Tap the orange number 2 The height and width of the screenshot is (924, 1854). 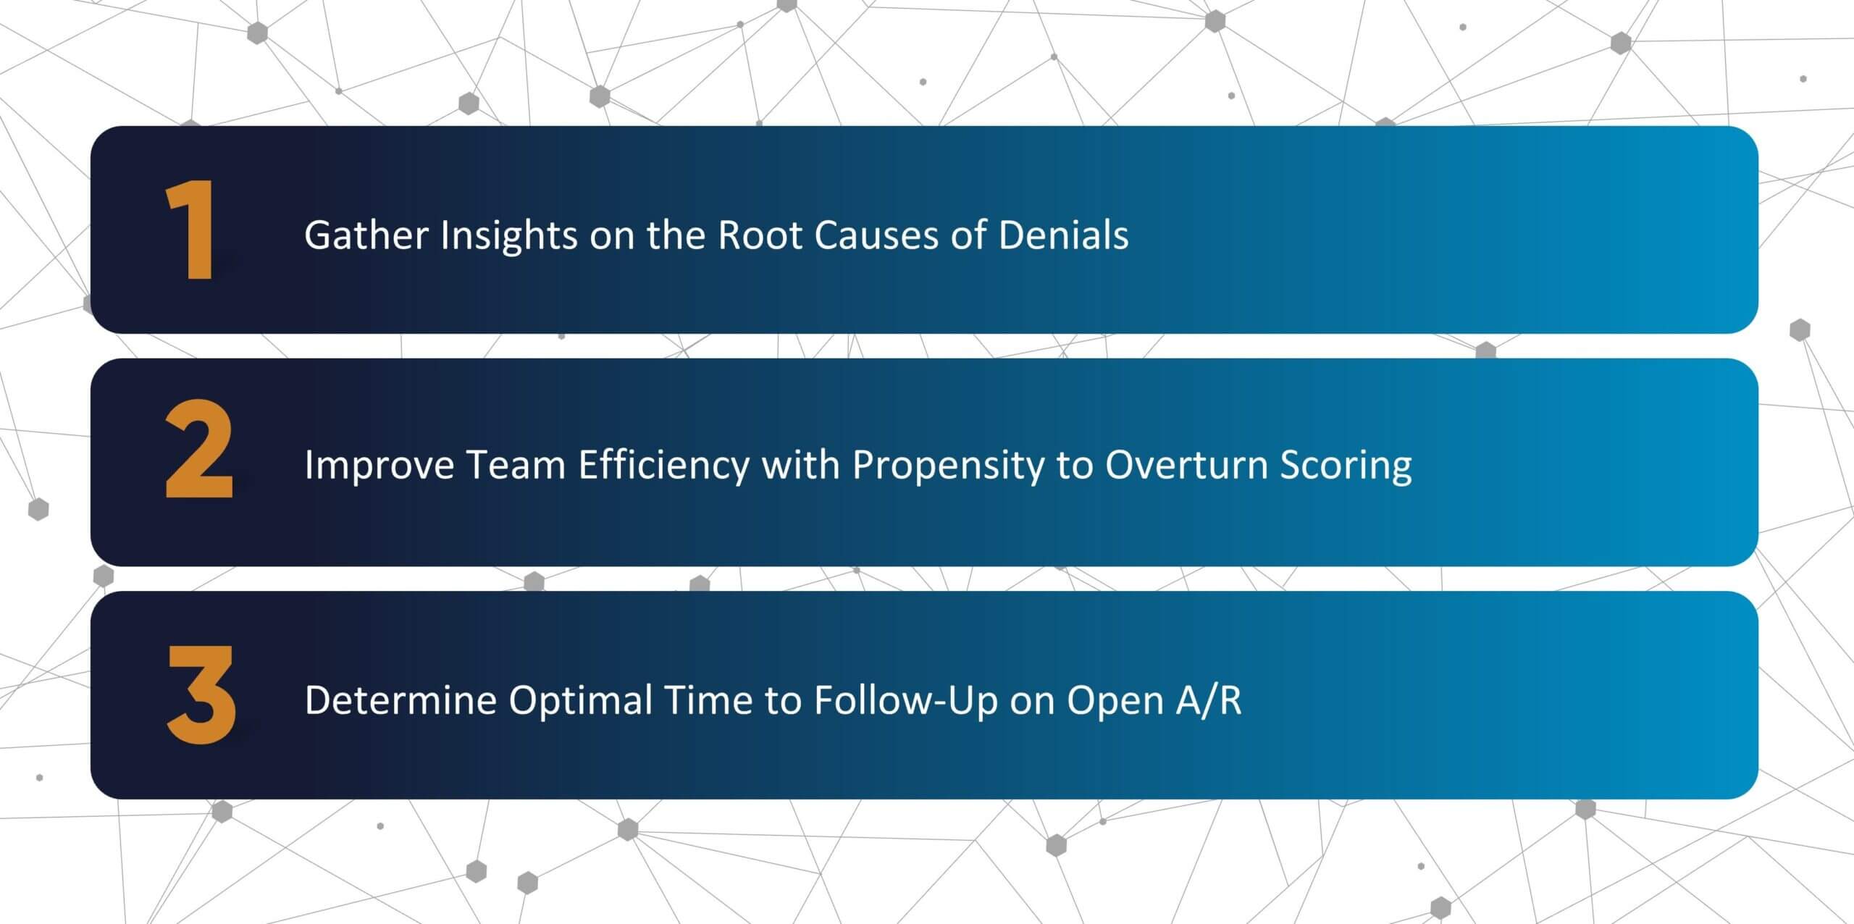pos(199,450)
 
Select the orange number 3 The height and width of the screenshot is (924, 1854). pos(201,694)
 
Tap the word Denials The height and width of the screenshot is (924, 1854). pos(1063,235)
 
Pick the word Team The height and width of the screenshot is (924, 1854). pos(516,465)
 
